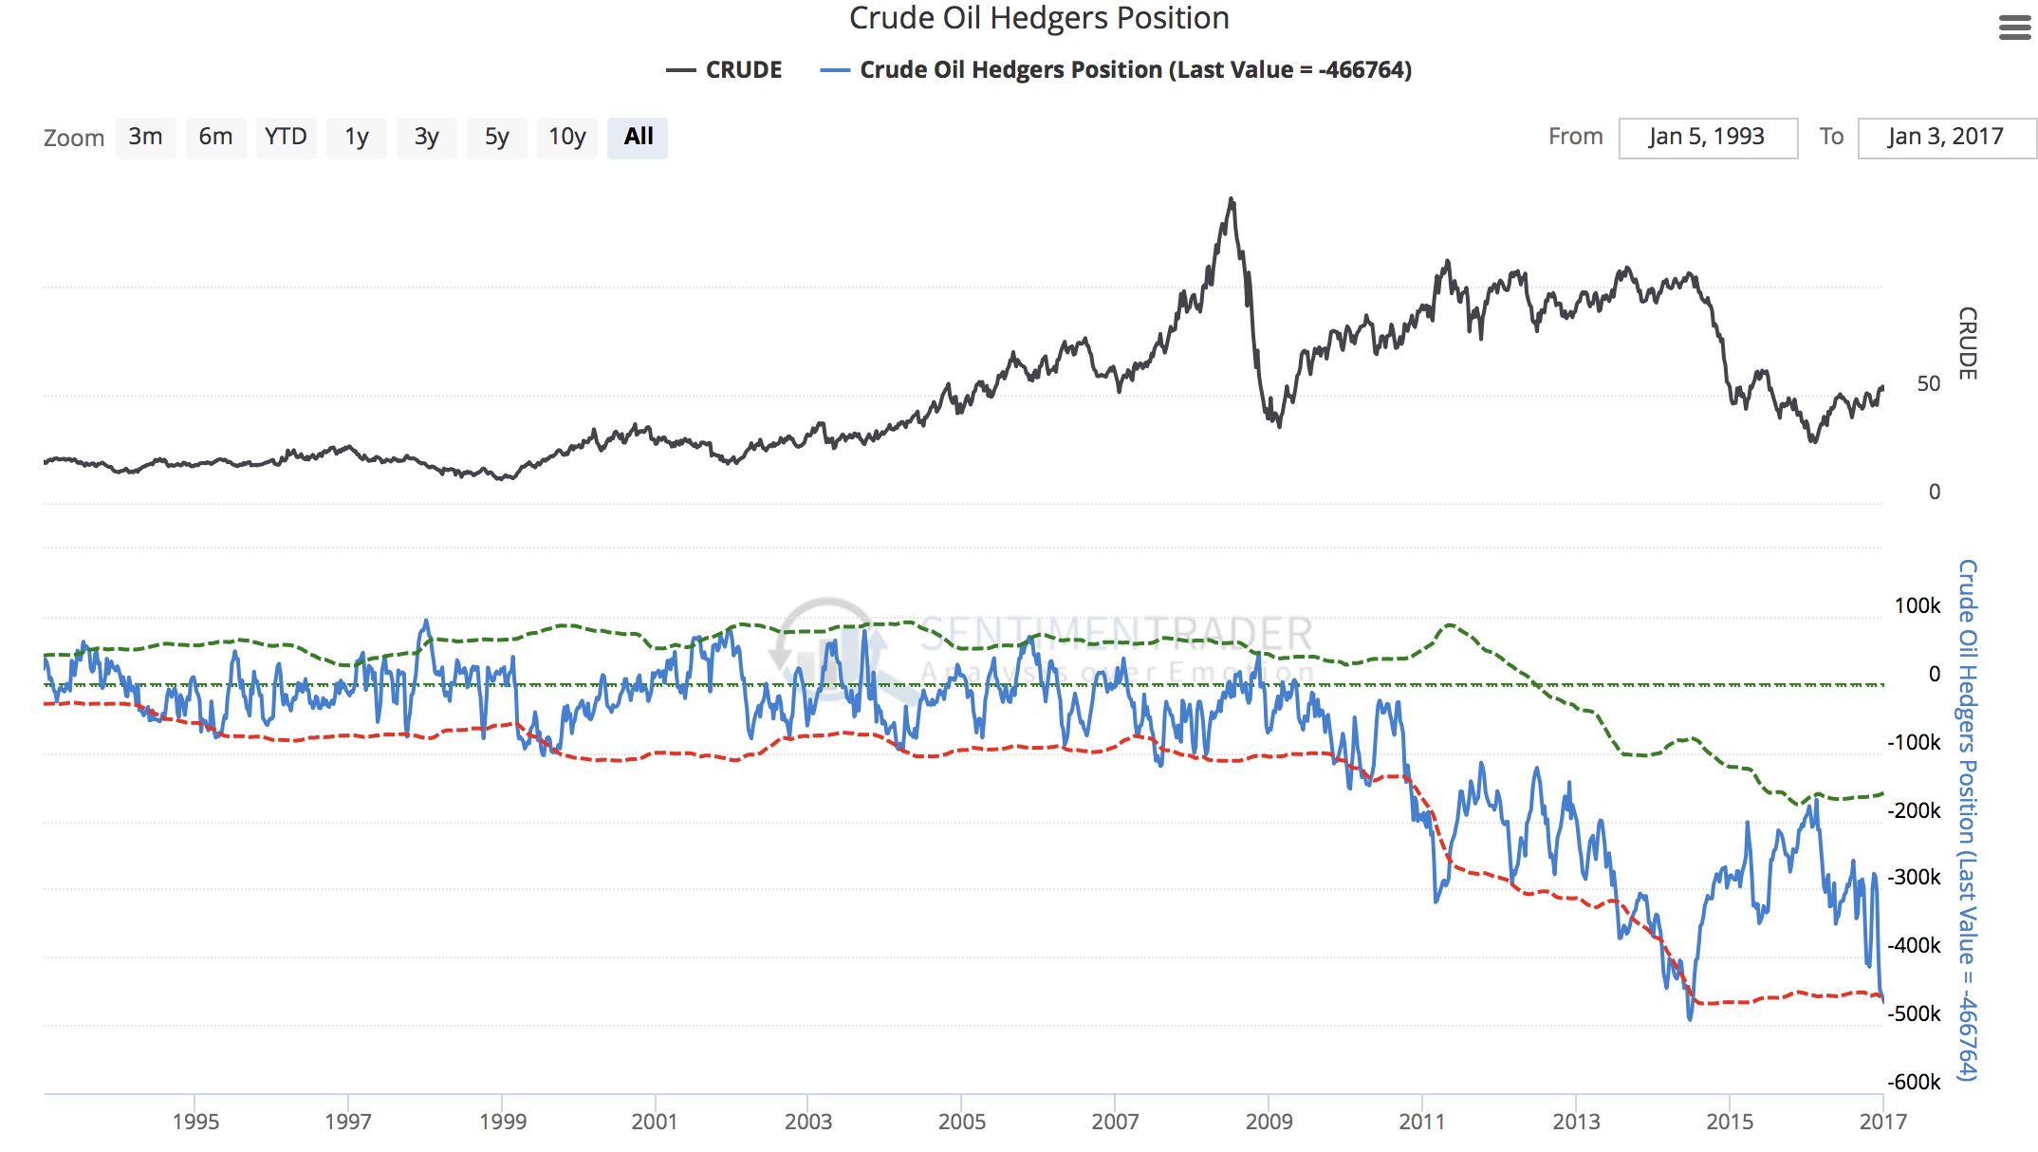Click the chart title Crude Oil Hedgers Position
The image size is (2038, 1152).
point(1039,19)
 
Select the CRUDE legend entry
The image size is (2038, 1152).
point(725,70)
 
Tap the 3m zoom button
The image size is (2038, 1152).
point(145,138)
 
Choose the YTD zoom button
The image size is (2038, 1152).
point(286,138)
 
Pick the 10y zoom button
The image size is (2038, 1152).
point(566,138)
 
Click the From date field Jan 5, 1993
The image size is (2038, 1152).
point(1707,138)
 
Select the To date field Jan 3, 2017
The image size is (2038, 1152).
point(1945,138)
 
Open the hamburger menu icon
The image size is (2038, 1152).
point(2014,28)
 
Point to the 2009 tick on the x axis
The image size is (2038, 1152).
point(1269,1122)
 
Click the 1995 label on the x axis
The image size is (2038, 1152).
point(195,1122)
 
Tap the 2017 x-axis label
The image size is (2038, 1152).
point(1882,1122)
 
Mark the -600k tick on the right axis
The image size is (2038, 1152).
point(1914,1082)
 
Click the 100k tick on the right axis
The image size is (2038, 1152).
point(1917,605)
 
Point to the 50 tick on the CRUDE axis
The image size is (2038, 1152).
point(1928,384)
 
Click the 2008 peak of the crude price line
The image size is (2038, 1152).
point(1232,199)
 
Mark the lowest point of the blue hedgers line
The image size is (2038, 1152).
point(1690,1019)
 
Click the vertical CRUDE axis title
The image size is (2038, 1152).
point(1968,344)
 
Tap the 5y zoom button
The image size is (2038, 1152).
point(496,138)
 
